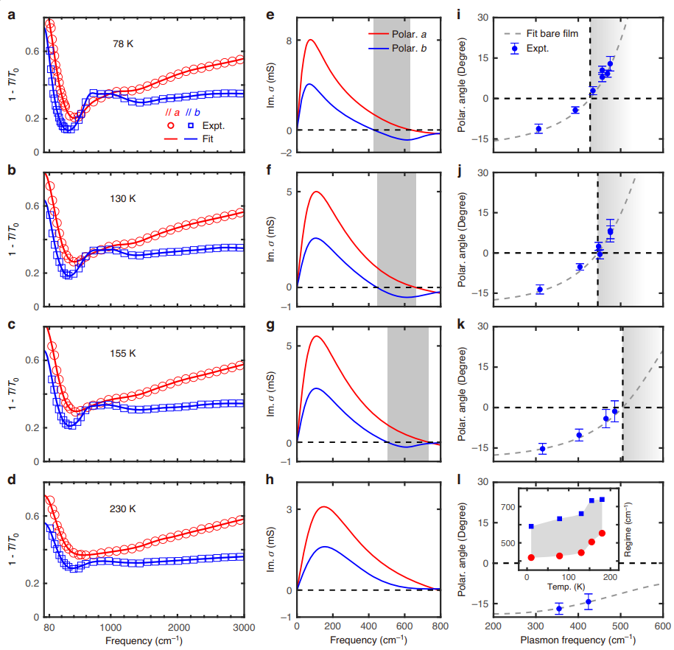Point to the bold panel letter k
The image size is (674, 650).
[460, 322]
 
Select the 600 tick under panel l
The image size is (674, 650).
[661, 626]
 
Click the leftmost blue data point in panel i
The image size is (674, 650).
[538, 129]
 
